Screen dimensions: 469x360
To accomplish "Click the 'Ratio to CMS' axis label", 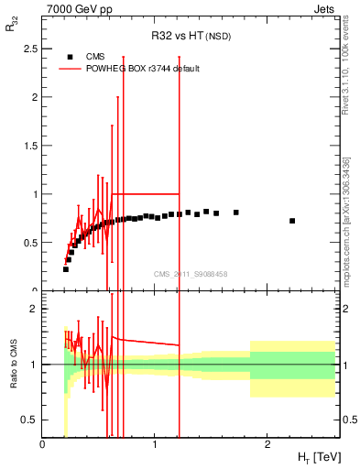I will click(x=12, y=365).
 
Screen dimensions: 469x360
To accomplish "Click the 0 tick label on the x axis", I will click(x=43, y=444).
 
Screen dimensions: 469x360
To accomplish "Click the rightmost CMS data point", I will click(x=292, y=221).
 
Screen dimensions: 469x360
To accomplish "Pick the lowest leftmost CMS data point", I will click(x=66, y=269).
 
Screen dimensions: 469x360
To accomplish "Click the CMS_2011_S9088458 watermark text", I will click(x=191, y=273).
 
